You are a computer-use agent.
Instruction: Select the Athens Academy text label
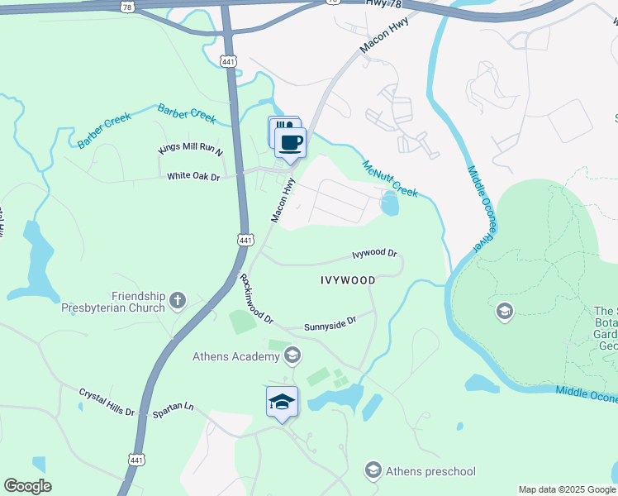click(235, 356)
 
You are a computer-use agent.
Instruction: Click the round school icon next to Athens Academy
click(292, 356)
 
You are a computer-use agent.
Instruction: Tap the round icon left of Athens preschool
click(373, 470)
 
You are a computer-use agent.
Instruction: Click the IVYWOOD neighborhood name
click(347, 280)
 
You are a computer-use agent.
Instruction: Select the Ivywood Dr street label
click(375, 254)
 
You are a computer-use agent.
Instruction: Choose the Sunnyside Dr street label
click(329, 322)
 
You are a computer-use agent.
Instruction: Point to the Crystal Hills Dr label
click(107, 401)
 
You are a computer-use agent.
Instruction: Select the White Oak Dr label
click(193, 176)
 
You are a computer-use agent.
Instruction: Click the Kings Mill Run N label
click(191, 150)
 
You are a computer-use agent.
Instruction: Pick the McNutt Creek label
click(389, 179)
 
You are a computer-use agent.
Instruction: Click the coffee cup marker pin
click(290, 142)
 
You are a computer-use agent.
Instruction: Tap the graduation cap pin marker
click(282, 402)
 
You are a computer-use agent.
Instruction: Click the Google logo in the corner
click(27, 486)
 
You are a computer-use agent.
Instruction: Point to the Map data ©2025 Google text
click(566, 489)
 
